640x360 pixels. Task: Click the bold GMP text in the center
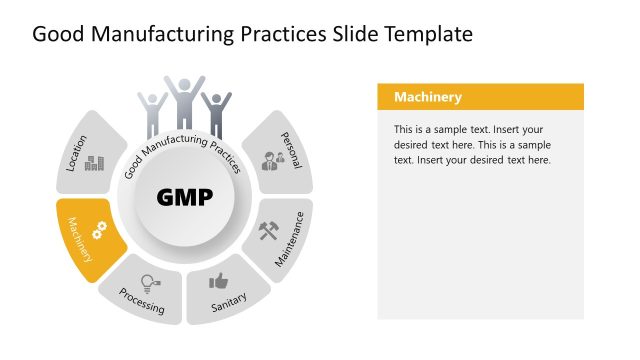[x=185, y=197]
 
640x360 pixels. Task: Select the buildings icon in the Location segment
[x=95, y=162]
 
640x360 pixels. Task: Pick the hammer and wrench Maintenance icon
[x=270, y=231]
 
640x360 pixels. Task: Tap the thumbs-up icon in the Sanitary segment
[x=218, y=281]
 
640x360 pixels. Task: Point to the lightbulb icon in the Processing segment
[x=149, y=282]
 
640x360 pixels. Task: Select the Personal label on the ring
[x=291, y=149]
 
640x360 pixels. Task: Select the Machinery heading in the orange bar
[x=427, y=97]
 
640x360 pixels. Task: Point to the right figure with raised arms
[x=216, y=113]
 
